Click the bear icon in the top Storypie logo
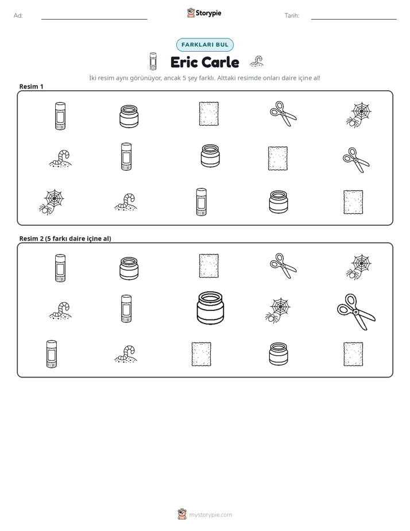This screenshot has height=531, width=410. (x=191, y=13)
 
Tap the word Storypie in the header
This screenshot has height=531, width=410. (x=208, y=13)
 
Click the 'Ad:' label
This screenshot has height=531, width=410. (x=18, y=16)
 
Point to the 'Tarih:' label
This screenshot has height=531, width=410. (x=292, y=16)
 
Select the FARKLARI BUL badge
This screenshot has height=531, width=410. (x=204, y=45)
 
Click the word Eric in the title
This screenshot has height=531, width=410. (x=184, y=62)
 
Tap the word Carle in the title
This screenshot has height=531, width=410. (x=221, y=62)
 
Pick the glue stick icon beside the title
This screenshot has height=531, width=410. (x=153, y=61)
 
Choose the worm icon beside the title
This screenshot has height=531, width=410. (x=257, y=61)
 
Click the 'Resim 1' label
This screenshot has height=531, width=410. (x=31, y=86)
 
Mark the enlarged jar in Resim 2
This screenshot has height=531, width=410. (x=210, y=307)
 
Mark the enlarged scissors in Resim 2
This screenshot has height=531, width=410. (x=356, y=311)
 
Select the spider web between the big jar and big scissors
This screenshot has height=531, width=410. (x=278, y=310)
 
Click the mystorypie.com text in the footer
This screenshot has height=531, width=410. (x=210, y=515)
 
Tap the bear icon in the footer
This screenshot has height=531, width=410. (x=182, y=514)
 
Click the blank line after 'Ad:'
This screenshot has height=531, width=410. (x=94, y=19)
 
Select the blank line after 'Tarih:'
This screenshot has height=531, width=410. (x=354, y=19)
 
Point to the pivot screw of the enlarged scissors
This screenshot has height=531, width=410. (x=355, y=312)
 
